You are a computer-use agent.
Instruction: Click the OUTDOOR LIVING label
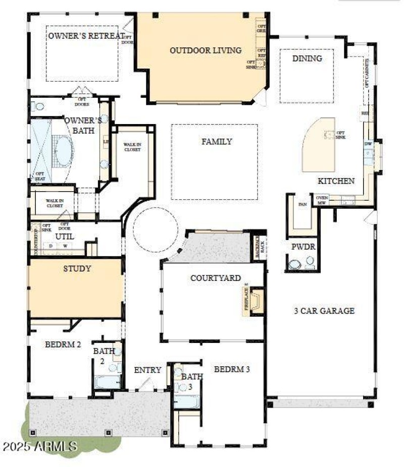coord(205,50)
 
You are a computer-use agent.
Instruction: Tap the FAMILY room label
coord(217,142)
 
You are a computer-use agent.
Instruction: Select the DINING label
coord(307,59)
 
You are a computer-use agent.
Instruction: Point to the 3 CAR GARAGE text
coord(324,311)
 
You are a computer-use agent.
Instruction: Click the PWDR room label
coord(302,247)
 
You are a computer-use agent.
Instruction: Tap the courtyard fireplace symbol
coord(257,302)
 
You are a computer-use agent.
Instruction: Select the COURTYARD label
coord(216,278)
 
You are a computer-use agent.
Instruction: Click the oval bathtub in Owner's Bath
coord(64,151)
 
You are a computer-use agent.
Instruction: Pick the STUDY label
coord(77,268)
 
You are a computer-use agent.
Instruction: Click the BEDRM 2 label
coord(63,345)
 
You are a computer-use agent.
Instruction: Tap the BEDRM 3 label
coord(232,369)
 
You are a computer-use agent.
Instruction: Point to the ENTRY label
coord(147,370)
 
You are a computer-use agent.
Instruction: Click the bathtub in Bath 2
coord(108,382)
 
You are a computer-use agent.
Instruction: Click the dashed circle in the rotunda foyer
coord(155,230)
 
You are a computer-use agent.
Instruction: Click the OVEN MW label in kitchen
coord(322,200)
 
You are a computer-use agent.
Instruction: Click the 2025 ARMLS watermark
coord(39,446)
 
